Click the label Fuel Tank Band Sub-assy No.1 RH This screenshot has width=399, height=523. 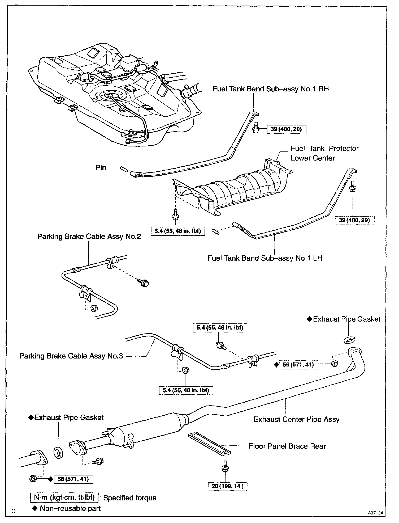pos(271,89)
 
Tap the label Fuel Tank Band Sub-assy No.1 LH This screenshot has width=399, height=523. pos(265,258)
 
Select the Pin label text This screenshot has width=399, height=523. pos(101,168)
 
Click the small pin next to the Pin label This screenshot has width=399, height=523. pos(124,169)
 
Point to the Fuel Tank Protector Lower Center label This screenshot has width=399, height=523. pos(324,153)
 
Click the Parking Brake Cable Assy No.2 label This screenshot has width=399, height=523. pos(89,237)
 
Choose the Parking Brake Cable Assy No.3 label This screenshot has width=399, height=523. pos(71,356)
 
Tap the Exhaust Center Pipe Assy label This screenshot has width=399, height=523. pos(296,419)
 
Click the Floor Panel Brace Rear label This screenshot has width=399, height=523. pos(287,446)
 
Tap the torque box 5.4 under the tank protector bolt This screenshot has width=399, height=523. pos(177,231)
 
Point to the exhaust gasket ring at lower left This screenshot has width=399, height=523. pos(58,453)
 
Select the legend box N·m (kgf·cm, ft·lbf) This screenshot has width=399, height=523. pos(64,497)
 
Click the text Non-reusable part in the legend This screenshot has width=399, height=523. pos(70,508)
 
